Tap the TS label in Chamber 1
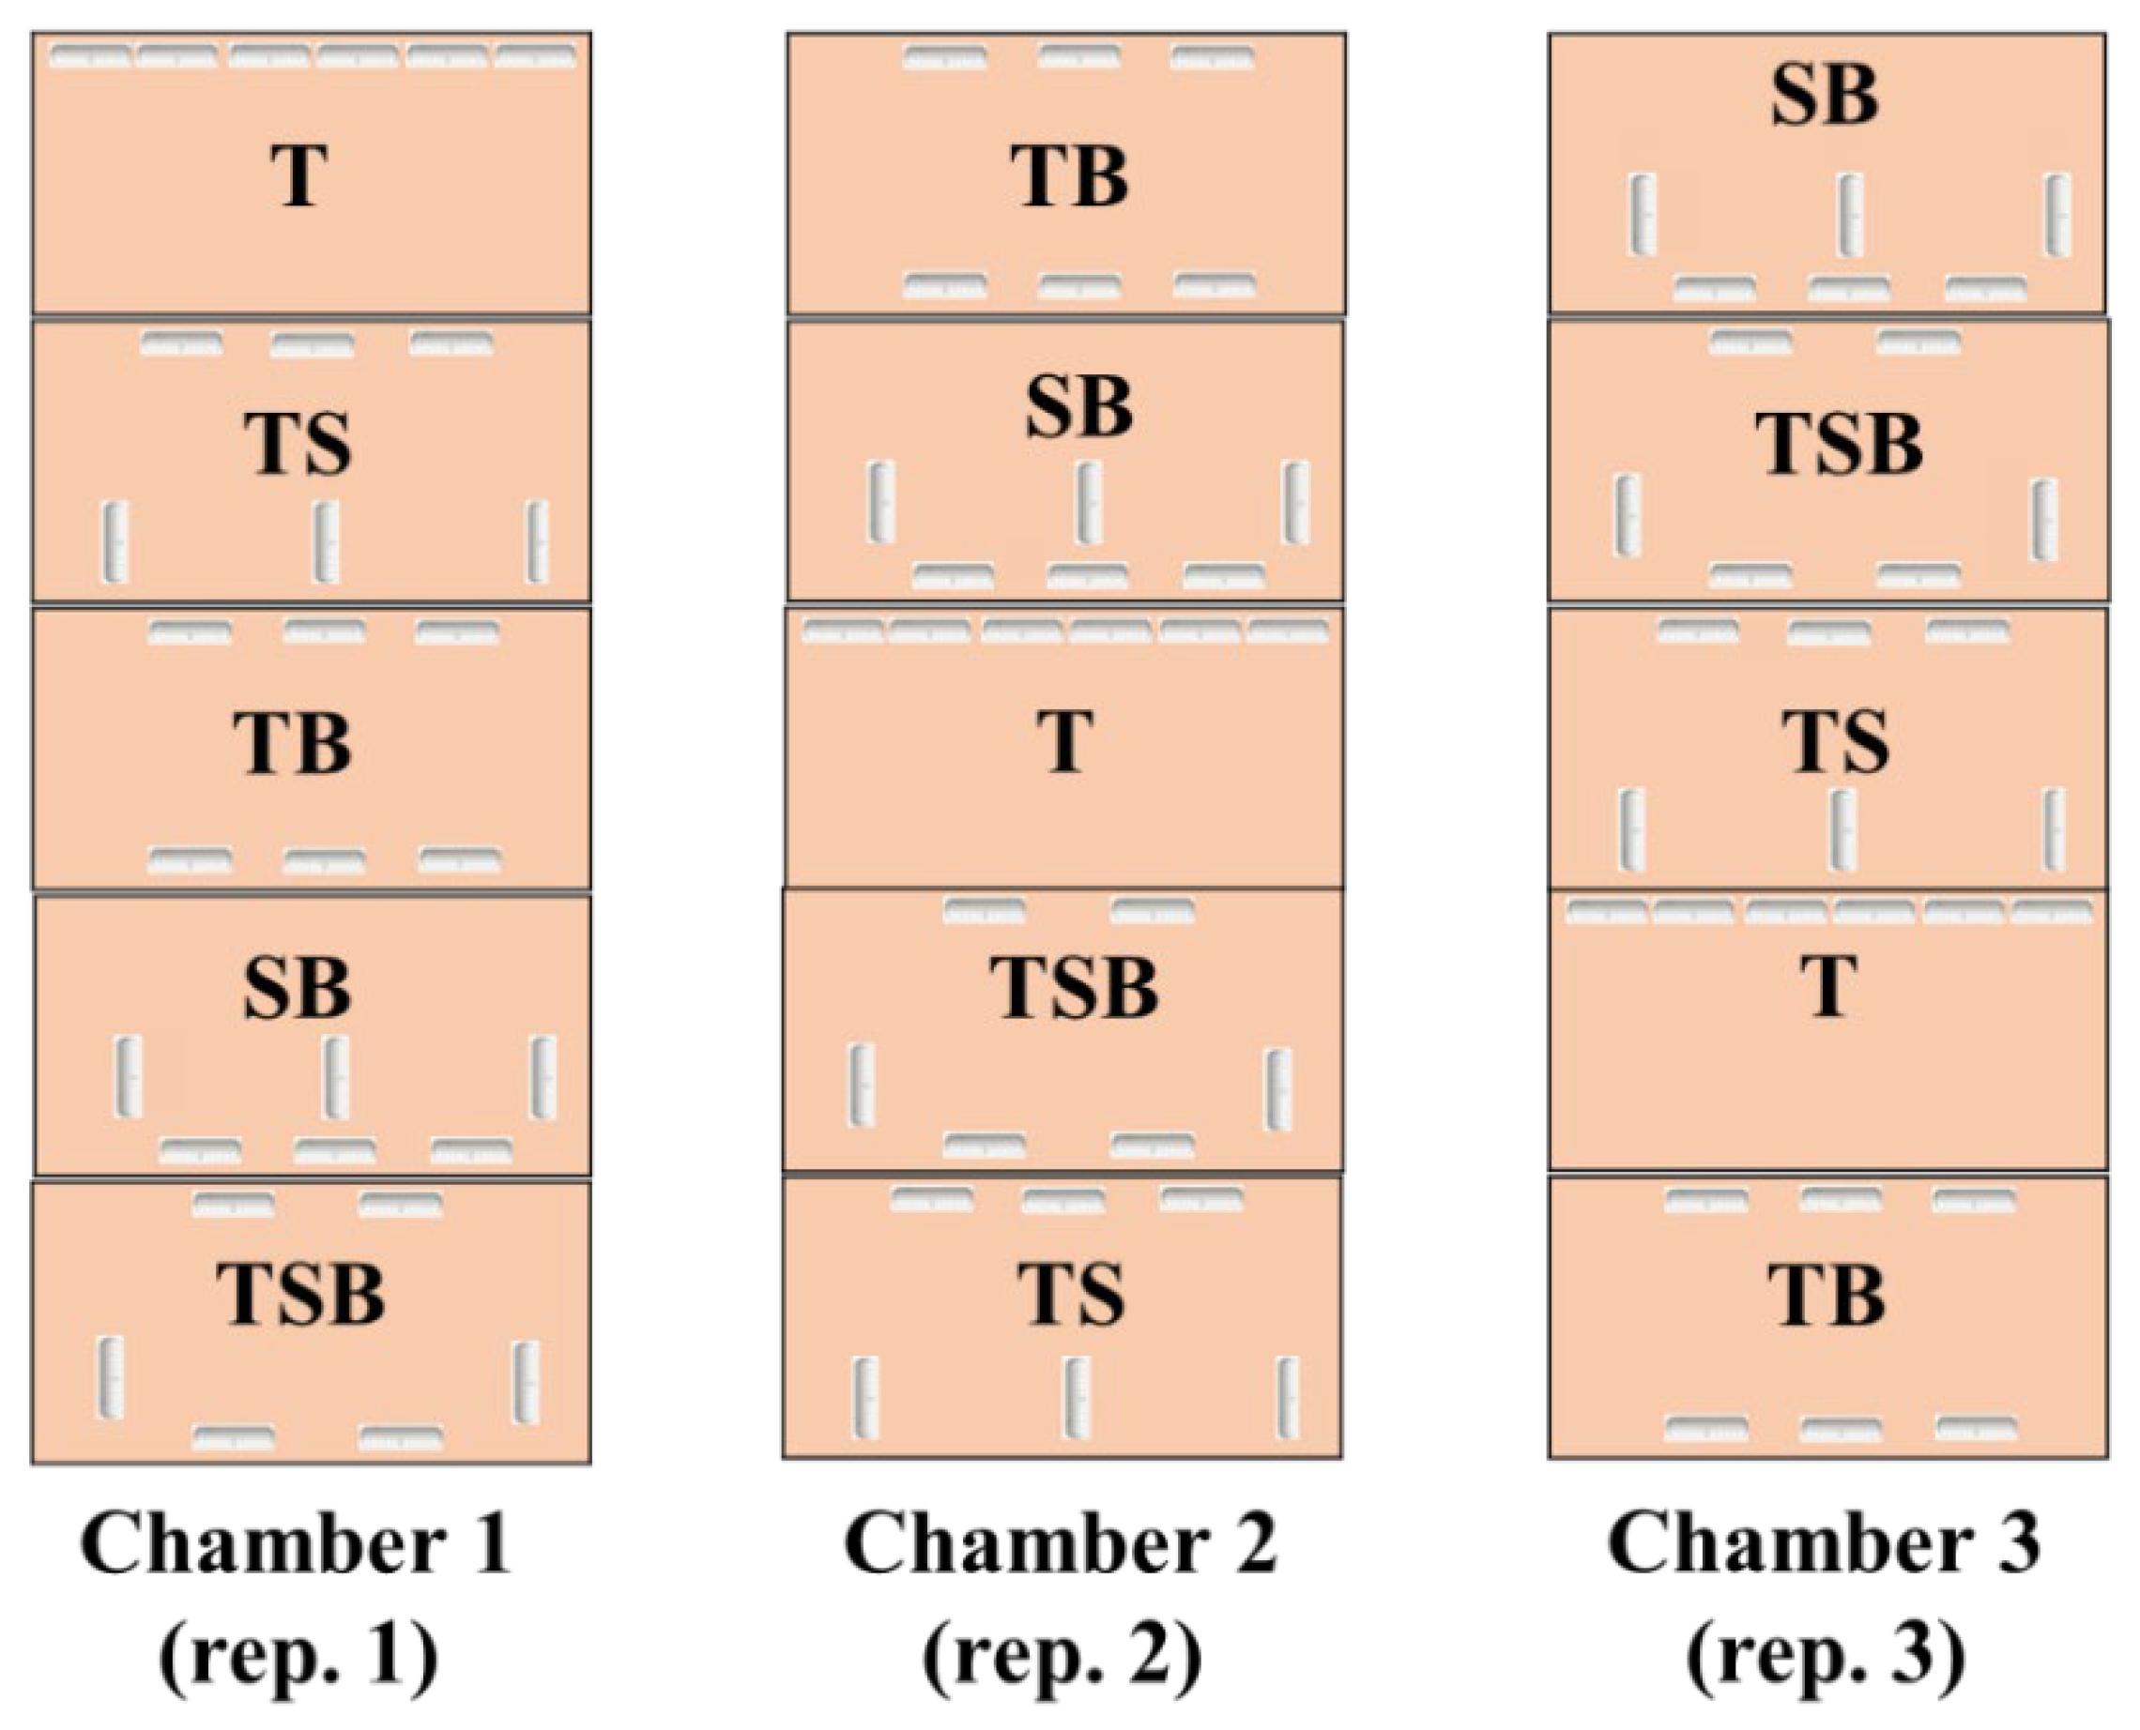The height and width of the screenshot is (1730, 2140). pos(298,444)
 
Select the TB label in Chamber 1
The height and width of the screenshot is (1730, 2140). pos(292,743)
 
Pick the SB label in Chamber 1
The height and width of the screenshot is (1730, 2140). pos(297,989)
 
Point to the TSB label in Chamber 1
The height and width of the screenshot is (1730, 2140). pos(301,1294)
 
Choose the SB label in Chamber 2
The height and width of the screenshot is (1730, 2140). pos(1079,409)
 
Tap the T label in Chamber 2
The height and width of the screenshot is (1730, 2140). pos(1065,741)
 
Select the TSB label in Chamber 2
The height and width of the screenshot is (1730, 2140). pos(1075,989)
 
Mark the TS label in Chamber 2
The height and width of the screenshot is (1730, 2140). pos(1072,1295)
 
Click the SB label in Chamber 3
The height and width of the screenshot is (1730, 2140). pos(1825,97)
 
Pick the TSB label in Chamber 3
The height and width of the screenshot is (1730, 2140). pos(1839,444)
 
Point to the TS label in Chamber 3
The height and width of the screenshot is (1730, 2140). pos(1835,742)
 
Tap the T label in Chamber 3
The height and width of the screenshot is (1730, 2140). pos(1829,987)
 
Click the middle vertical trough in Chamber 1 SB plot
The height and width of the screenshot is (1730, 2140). pos(336,1077)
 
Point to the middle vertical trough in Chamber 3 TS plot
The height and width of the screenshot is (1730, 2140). pos(1843,829)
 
